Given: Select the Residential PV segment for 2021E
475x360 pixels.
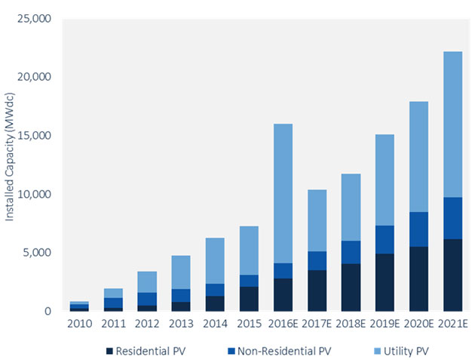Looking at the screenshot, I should coord(453,275).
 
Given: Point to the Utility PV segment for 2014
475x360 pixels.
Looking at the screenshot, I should coord(216,260).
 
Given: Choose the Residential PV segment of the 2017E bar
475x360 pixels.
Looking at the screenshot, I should coord(317,291).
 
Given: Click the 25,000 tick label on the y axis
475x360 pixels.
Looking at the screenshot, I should coord(35,19).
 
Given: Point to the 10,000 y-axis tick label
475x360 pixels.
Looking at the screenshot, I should coord(35,194).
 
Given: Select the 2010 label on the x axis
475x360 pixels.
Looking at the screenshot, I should coord(79,325).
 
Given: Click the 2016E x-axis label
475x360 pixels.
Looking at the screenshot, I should coord(283,325).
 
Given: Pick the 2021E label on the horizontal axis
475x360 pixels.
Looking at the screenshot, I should coord(453,325).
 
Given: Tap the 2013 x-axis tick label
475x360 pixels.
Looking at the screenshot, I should coord(181,325).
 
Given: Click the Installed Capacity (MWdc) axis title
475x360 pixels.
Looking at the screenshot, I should coord(10,165).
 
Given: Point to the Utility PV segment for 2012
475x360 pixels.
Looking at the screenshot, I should coord(147,282).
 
